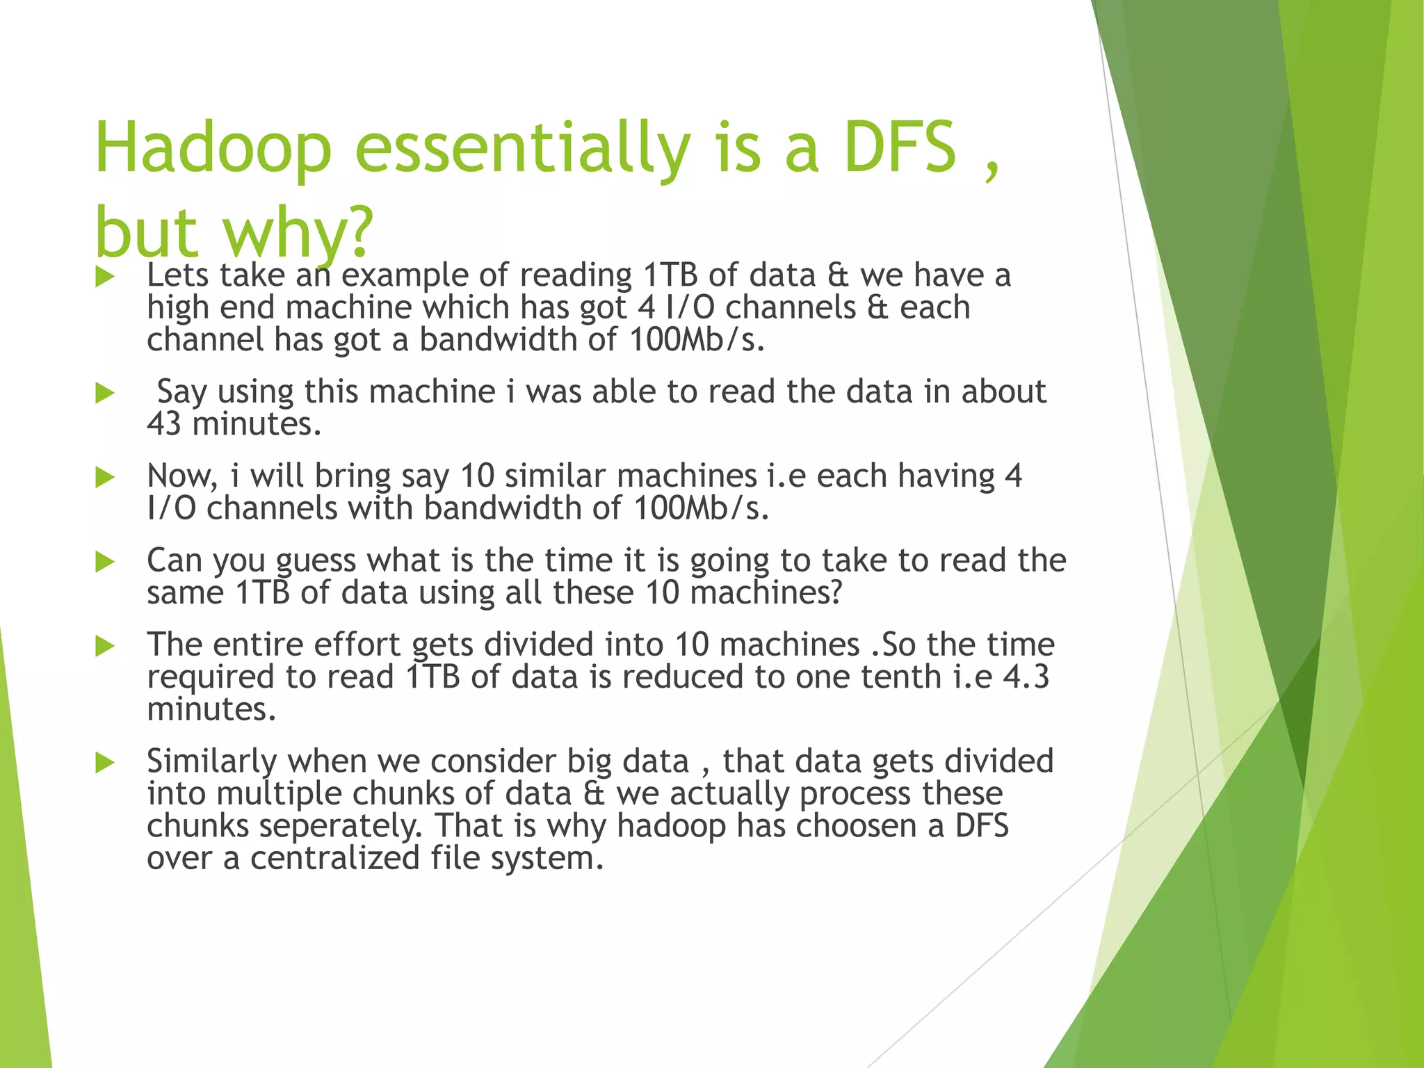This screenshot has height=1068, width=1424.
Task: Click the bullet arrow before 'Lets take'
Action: [105, 277]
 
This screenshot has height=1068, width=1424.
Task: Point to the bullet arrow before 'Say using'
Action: [105, 393]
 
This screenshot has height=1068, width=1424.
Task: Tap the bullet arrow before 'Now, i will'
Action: [105, 478]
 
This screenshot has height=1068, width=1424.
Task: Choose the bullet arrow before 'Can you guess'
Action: [105, 562]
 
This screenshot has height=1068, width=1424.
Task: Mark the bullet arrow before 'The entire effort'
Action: [105, 646]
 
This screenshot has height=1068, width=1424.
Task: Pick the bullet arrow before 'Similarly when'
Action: [105, 762]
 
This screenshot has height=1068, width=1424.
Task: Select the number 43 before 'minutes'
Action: [164, 424]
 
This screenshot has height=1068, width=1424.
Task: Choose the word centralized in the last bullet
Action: [335, 858]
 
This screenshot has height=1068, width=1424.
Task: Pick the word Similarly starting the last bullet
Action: [211, 762]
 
